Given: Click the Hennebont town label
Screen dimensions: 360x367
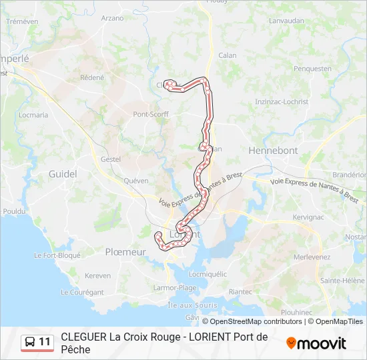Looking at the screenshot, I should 273,151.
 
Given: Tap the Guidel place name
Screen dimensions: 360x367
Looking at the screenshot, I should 63,174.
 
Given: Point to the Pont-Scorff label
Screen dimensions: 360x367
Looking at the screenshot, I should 151,114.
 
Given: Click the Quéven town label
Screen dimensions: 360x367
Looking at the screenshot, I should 136,180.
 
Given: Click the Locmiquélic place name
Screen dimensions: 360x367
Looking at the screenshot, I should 208,273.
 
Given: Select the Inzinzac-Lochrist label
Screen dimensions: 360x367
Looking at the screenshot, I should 282,102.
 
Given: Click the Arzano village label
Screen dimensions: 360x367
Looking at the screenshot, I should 113,18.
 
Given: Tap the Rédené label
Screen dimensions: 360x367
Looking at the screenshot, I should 92,77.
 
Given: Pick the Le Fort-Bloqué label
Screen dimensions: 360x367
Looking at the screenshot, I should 57,255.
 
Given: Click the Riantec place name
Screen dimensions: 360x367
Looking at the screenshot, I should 240,291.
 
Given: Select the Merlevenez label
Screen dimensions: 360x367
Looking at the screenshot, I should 312,257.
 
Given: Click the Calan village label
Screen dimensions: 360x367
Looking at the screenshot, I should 228,55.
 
